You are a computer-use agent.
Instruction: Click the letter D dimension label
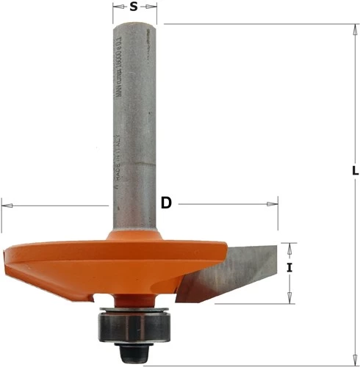tap(166, 203)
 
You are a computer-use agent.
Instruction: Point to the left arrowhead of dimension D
tap(7, 204)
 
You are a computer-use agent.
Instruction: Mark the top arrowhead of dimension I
tap(289, 247)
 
